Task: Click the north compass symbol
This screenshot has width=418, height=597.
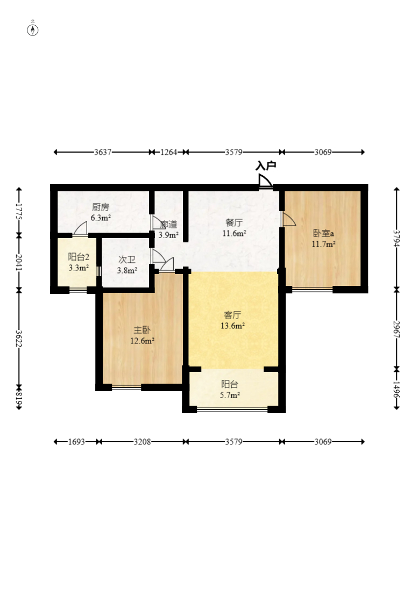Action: pos(33,29)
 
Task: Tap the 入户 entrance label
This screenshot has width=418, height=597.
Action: pos(266,166)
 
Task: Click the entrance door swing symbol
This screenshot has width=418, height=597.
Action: pos(265,181)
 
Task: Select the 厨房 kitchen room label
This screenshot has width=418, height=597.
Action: pos(101,207)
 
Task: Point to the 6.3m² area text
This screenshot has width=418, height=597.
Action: pos(101,218)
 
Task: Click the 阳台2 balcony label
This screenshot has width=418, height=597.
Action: pos(79,257)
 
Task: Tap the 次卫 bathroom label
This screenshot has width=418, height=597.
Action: pos(127,260)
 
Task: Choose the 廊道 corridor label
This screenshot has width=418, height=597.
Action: pos(169,225)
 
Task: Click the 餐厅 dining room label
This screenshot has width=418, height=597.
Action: pos(234,222)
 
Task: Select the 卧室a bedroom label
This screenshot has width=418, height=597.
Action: pos(323,233)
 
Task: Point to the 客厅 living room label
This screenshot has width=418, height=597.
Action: pos(232,315)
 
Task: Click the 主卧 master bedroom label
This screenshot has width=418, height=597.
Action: pos(141,330)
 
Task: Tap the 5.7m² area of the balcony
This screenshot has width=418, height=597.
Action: pos(230,395)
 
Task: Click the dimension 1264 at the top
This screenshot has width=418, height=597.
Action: pos(169,152)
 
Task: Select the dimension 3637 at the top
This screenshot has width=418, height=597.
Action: pos(103,152)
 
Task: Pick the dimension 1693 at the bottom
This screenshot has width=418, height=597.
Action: pos(76,442)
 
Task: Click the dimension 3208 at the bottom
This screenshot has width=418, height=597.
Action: pos(142,442)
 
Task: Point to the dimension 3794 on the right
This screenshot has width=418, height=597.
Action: pos(396,239)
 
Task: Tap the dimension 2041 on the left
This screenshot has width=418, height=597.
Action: pos(19,262)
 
